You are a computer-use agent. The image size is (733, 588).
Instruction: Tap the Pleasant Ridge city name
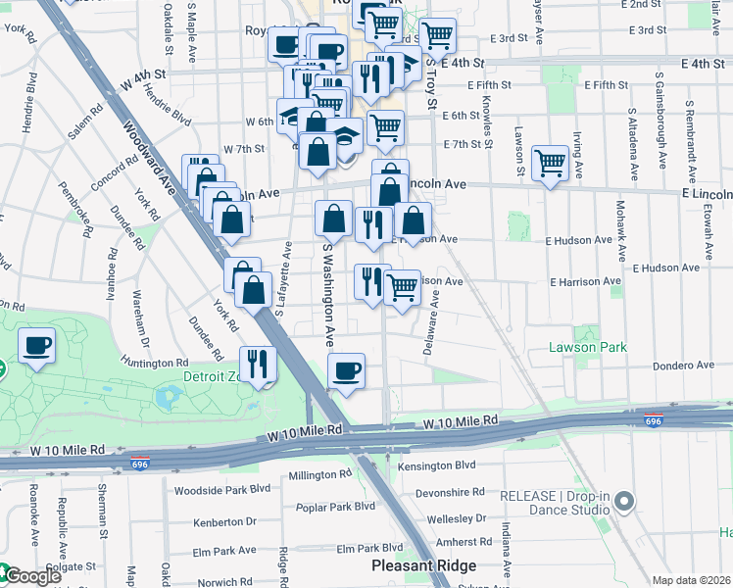423,565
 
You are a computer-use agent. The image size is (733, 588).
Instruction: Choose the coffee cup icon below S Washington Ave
346,371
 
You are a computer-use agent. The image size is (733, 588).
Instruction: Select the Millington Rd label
319,475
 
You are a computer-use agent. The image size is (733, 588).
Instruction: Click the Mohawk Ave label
621,221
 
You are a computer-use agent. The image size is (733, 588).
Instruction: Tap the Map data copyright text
692,580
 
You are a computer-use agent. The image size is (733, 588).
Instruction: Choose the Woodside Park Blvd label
221,488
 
